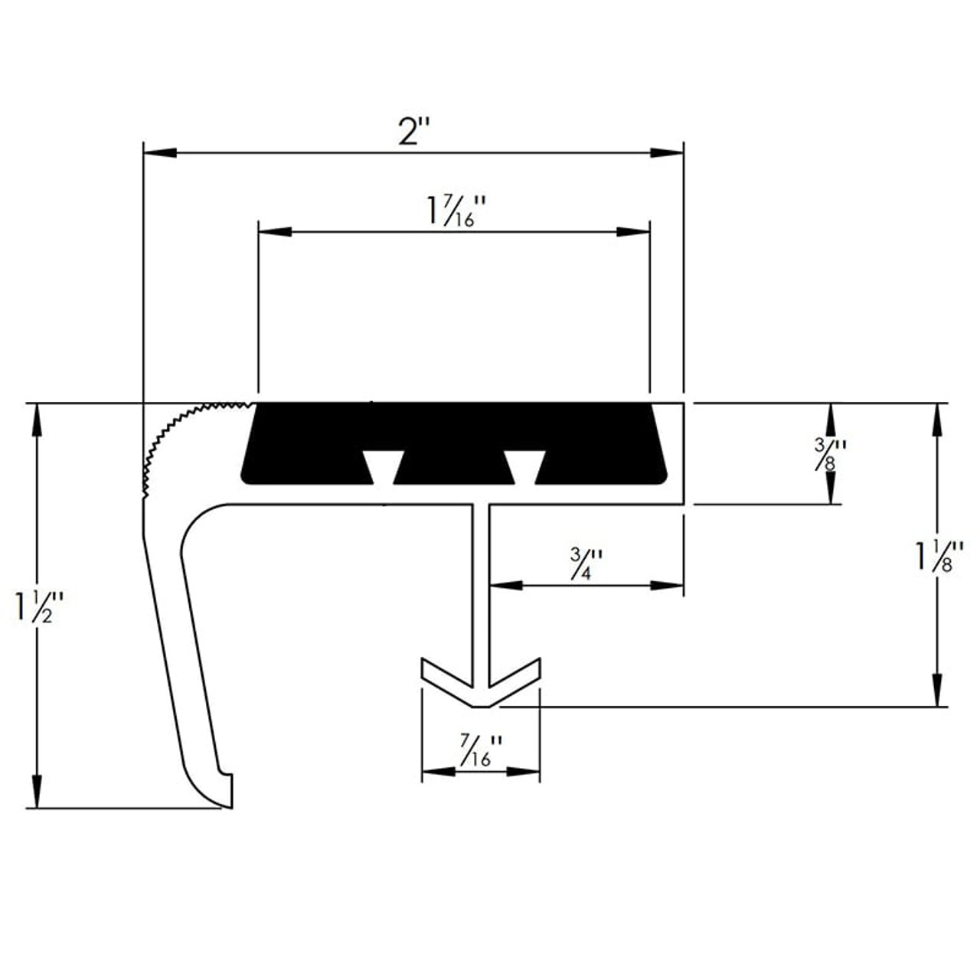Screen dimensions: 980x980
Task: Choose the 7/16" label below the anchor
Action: (481, 751)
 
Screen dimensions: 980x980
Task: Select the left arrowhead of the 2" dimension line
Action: (161, 153)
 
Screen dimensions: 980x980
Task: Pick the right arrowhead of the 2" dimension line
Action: (666, 153)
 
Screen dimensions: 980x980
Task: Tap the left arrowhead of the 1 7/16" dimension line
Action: (275, 231)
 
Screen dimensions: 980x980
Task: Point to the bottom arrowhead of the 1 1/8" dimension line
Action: (934, 690)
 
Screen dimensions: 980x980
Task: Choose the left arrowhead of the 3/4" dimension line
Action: (505, 586)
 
